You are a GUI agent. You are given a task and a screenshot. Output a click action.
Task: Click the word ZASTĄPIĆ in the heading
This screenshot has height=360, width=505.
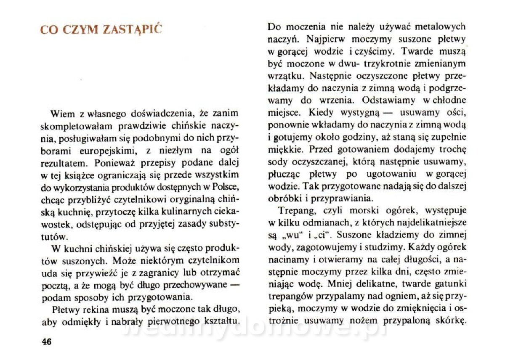click(x=133, y=30)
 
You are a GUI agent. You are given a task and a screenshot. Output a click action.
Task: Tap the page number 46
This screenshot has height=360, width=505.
click(x=46, y=342)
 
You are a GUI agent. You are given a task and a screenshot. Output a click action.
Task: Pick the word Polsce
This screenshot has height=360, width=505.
click(x=225, y=186)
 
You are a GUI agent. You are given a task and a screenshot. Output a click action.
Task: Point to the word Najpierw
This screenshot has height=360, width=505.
click(x=324, y=40)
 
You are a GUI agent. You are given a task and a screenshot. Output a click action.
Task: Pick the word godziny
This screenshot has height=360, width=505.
click(x=363, y=137)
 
